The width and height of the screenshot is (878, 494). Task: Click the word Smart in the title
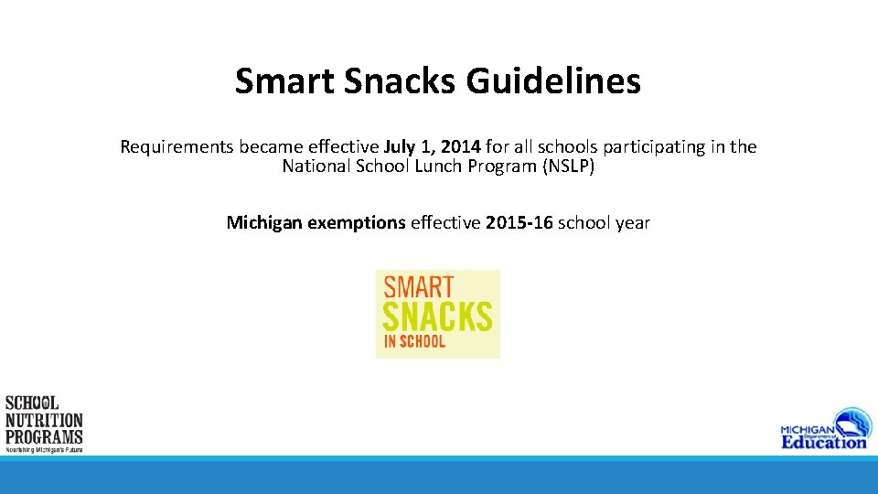(284, 81)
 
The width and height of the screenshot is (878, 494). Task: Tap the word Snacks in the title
(400, 81)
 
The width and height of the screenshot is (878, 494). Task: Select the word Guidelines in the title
(552, 81)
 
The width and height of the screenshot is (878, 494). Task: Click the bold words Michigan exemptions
(316, 222)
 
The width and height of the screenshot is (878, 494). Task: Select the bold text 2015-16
(519, 222)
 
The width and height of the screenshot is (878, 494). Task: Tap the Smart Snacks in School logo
(438, 314)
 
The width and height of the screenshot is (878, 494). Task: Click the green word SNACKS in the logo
(437, 317)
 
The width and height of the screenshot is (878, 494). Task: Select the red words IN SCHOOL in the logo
(414, 341)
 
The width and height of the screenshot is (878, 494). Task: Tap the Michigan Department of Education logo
(822, 427)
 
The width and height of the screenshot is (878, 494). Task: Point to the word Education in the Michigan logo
(823, 441)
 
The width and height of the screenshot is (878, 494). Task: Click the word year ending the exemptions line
(632, 222)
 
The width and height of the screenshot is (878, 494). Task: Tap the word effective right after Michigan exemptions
(445, 222)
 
